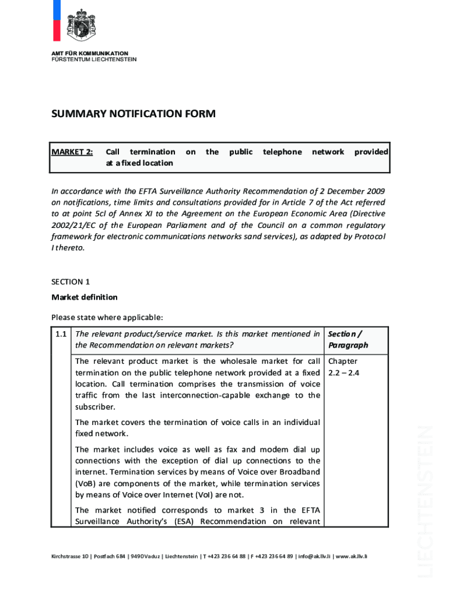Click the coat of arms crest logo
tap(81, 24)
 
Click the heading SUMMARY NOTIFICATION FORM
tap(134, 114)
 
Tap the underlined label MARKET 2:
tap(72, 152)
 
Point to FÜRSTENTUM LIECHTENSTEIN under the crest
tap(94, 59)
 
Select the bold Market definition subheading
tap(85, 297)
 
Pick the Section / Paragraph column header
tap(348, 339)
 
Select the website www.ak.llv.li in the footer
tap(351, 556)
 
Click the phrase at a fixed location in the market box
tap(139, 163)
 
